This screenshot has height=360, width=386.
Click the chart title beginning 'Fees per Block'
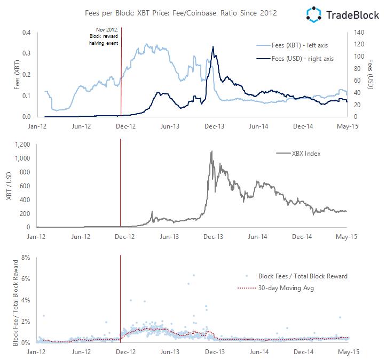pyautogui.click(x=181, y=13)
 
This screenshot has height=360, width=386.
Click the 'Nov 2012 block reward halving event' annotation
pyautogui.click(x=104, y=36)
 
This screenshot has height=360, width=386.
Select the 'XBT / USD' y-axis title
pyautogui.click(x=8, y=186)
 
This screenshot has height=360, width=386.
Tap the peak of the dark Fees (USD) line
pyautogui.click(x=213, y=47)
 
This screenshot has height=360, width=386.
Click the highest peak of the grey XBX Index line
pyautogui.click(x=211, y=151)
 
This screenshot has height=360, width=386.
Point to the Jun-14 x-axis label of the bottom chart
pyautogui.click(x=258, y=352)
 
